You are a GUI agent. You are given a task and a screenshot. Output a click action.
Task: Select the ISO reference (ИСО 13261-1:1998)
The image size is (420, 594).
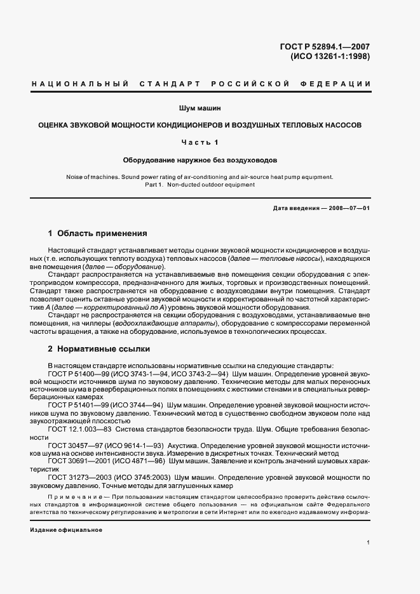[330, 56]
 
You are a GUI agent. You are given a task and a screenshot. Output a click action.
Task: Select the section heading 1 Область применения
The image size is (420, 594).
[97, 233]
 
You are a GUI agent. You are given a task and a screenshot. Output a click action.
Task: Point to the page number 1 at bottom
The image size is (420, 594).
[368, 543]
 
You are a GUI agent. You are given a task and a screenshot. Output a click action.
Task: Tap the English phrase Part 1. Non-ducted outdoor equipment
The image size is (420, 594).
[200, 185]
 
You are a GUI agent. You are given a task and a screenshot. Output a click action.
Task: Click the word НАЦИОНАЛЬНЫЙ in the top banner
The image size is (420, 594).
[80, 84]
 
